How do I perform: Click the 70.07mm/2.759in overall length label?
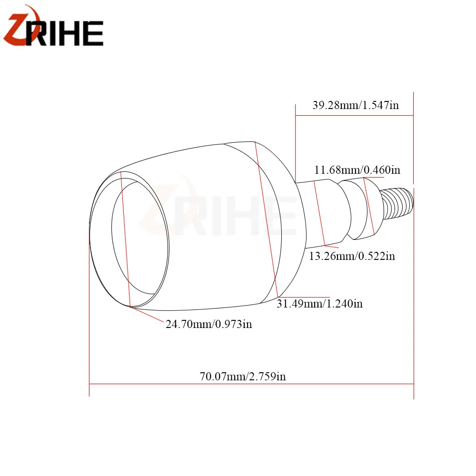(243, 377)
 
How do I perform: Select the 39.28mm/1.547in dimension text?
(356, 105)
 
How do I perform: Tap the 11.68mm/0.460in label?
(357, 170)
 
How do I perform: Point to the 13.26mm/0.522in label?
(352, 256)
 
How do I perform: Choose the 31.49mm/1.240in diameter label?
(319, 304)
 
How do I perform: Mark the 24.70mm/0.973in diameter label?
(208, 324)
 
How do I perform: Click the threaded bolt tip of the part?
(397, 203)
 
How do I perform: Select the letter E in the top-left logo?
(93, 33)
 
